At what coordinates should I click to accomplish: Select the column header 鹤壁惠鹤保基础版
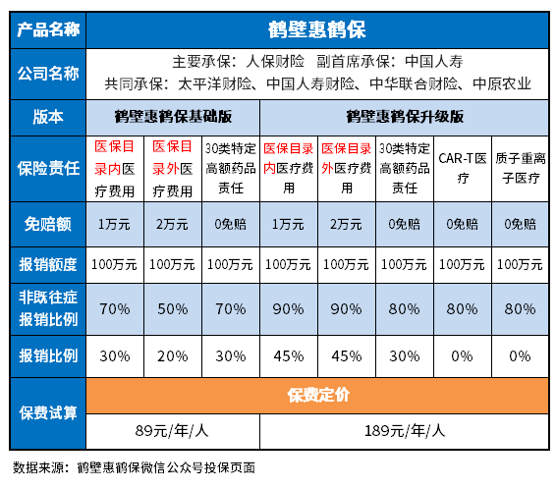173,116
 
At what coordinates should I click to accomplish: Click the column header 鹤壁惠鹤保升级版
404,116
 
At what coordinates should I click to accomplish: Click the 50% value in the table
173,308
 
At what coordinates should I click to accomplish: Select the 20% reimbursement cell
173,354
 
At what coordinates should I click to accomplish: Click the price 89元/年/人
173,429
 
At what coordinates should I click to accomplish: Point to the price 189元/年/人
404,429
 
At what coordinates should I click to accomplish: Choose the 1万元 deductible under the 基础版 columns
116,223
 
